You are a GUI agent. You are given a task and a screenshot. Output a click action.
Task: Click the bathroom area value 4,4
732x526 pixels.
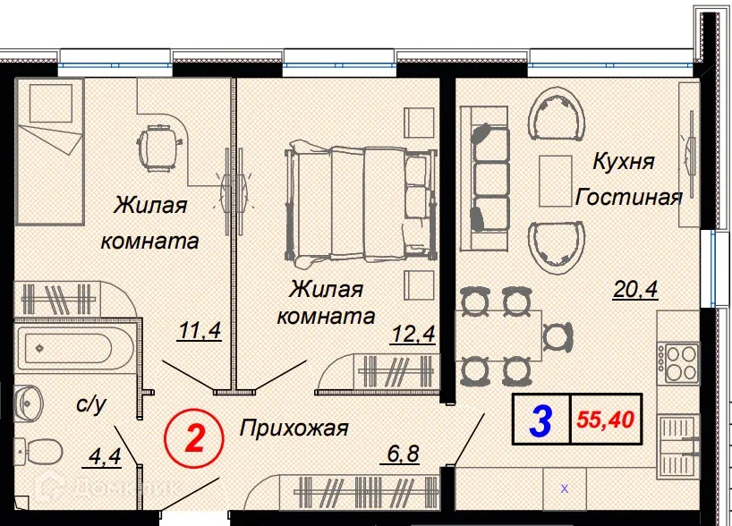coord(106,459)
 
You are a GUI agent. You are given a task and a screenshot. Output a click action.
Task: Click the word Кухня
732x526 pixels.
coord(623,162)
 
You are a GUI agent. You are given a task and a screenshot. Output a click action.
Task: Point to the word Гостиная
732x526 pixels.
coord(628,197)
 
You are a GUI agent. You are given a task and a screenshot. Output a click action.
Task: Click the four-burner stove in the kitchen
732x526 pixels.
coord(679,362)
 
